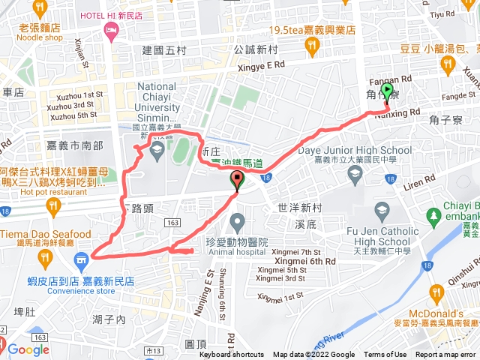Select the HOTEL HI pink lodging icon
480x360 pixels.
(x=112, y=31)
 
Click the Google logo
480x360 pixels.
(x=28, y=349)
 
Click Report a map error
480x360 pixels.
(x=446, y=355)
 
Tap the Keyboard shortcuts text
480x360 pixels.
(x=231, y=355)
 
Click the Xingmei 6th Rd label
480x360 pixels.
(x=310, y=260)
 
